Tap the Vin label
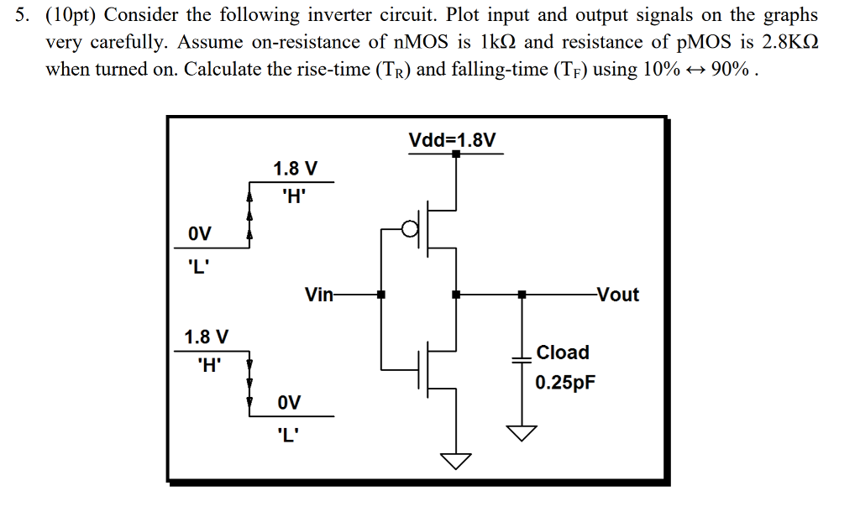[318, 295]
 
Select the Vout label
[617, 295]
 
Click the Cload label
[563, 352]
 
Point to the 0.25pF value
[566, 383]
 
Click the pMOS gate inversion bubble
[410, 229]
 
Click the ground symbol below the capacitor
[522, 431]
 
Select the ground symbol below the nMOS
[456, 461]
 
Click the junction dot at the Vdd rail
[456, 154]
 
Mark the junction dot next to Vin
[381, 295]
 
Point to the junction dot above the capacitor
[522, 295]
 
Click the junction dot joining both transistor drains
[456, 295]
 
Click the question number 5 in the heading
[23, 15]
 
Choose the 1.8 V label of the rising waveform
[296, 169]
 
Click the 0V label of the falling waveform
[288, 402]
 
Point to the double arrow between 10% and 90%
[690, 70]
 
